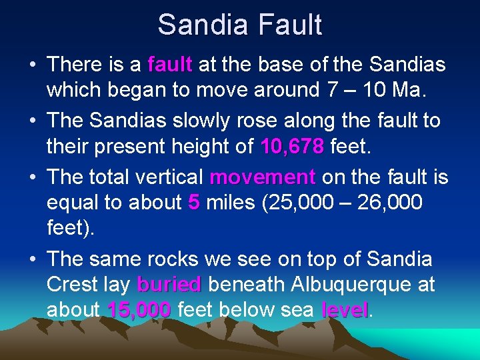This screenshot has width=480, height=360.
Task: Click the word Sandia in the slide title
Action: click(x=199, y=25)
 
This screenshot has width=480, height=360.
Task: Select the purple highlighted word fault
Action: click(x=170, y=65)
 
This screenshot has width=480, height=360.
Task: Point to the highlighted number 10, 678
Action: click(x=293, y=145)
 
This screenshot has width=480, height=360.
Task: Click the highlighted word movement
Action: click(x=262, y=177)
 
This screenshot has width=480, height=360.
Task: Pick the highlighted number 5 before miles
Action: click(x=193, y=202)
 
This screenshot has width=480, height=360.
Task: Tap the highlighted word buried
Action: click(x=169, y=285)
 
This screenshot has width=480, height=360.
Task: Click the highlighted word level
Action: click(x=344, y=310)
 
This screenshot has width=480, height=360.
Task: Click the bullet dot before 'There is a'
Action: click(x=32, y=65)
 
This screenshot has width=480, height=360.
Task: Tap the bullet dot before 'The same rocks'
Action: click(x=32, y=259)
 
